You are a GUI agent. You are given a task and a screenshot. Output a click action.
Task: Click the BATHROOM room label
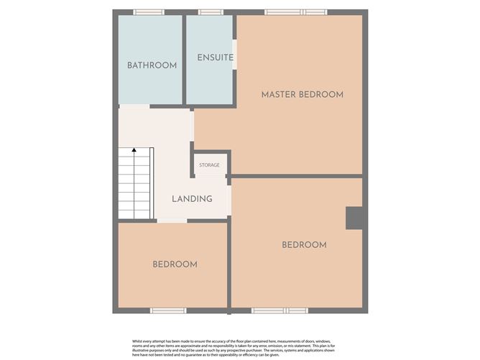(x=152, y=65)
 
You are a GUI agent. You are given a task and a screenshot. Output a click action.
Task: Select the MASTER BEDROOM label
(x=302, y=94)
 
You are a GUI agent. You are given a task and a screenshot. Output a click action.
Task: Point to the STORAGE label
(x=209, y=165)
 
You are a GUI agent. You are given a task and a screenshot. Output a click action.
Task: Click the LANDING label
(x=192, y=198)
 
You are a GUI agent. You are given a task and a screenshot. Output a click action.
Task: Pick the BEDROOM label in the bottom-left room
(x=175, y=264)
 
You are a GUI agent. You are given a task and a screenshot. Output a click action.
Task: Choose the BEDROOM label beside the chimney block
(x=304, y=245)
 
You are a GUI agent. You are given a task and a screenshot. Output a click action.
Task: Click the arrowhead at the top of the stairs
(x=134, y=151)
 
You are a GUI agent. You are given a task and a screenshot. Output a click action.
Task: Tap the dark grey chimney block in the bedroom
(x=354, y=218)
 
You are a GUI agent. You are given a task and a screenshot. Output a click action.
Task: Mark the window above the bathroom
(x=149, y=12)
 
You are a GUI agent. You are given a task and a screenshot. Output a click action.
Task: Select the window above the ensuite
(x=210, y=12)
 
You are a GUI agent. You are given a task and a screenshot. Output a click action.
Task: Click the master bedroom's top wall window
(x=295, y=12)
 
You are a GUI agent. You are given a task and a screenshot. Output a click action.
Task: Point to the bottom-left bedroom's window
(x=168, y=310)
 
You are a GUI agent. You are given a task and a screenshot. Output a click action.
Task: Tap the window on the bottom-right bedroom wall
(x=280, y=310)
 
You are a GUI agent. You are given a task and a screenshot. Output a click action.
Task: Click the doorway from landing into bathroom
(x=134, y=106)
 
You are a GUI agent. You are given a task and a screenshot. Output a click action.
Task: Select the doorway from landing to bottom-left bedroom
(x=172, y=221)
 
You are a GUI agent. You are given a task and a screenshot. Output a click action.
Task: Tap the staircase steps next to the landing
(x=134, y=183)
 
